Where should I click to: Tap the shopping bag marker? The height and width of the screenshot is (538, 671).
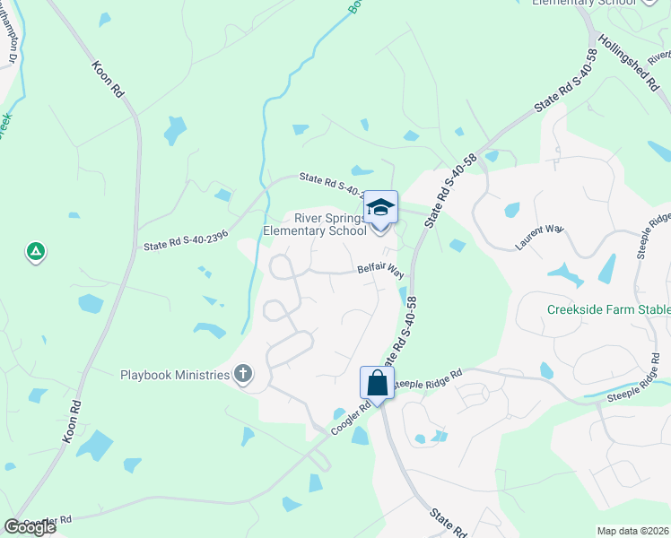tap(378, 384)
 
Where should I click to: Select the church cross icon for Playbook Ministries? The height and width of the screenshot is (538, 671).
tap(242, 375)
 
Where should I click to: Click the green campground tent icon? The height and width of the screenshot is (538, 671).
tap(35, 252)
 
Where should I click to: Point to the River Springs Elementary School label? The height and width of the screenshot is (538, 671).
tap(314, 224)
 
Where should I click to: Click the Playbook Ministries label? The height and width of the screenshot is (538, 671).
tap(175, 375)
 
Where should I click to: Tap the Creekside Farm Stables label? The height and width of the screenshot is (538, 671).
tap(608, 310)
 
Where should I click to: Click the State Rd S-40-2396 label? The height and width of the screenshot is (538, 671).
tap(186, 240)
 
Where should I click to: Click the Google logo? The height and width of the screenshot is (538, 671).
tap(30, 527)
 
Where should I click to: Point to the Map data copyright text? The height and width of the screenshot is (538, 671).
tap(632, 531)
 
